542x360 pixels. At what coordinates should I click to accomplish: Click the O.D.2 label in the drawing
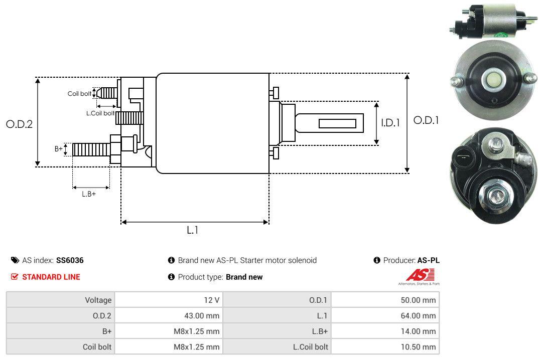click(x=20, y=124)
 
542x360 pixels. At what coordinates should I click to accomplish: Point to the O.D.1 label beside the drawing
click(x=426, y=120)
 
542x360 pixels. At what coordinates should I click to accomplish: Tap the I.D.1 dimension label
click(x=390, y=123)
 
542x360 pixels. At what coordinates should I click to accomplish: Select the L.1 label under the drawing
click(x=193, y=230)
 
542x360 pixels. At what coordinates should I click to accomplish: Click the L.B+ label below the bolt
click(x=89, y=194)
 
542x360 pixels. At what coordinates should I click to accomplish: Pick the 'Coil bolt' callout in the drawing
click(x=79, y=94)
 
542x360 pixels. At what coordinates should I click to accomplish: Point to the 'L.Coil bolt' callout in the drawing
click(x=100, y=113)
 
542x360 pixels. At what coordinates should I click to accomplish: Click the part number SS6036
click(x=70, y=260)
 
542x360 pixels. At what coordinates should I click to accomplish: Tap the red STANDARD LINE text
click(x=51, y=277)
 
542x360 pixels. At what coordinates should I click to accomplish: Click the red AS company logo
click(x=420, y=275)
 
